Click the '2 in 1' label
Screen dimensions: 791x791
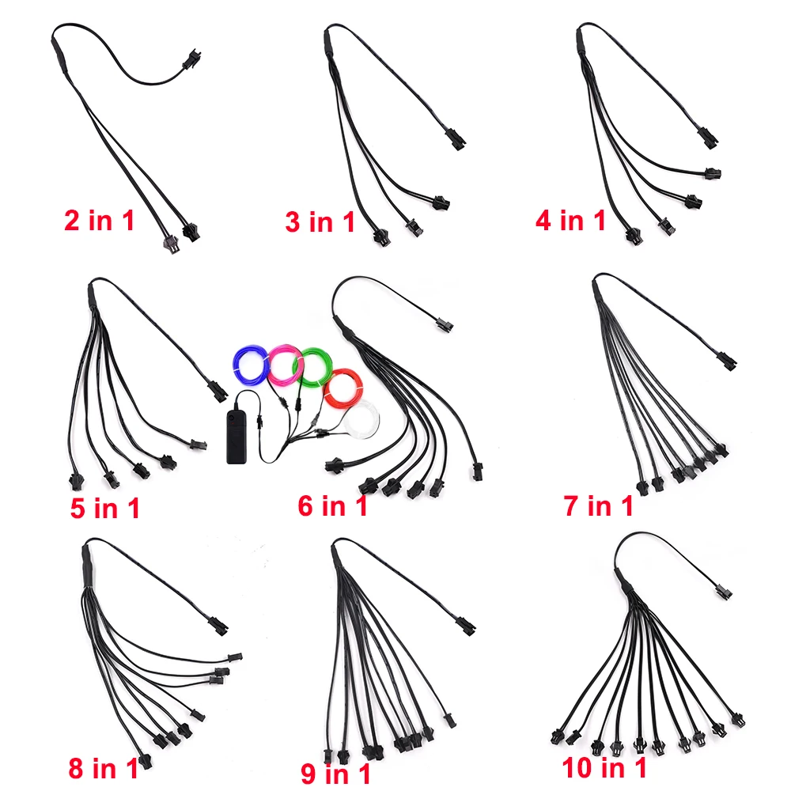tap(99, 221)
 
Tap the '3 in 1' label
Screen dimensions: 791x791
tap(320, 222)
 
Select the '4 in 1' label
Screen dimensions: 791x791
tap(570, 221)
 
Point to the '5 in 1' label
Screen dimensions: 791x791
tap(104, 508)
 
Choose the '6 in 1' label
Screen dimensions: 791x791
tap(332, 505)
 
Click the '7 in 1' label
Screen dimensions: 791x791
tap(599, 505)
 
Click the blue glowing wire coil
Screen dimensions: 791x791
tap(250, 365)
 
